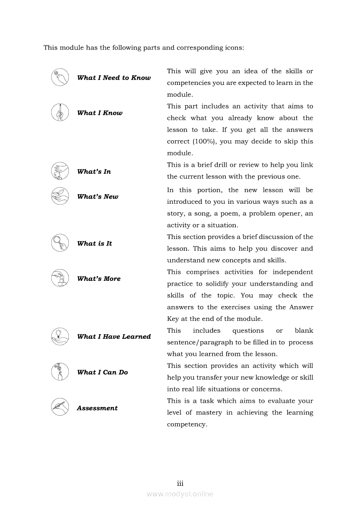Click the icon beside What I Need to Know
point(60,77)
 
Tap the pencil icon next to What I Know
point(60,112)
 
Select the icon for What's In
point(60,171)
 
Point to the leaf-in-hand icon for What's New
point(60,196)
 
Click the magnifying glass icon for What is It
point(60,243)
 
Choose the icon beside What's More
point(60,278)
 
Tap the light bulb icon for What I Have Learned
point(60,336)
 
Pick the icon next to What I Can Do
point(60,372)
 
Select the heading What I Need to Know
point(114,78)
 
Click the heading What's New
point(98,197)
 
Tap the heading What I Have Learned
point(114,337)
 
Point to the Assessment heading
point(97,408)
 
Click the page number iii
point(180,483)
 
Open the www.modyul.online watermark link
point(180,494)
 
